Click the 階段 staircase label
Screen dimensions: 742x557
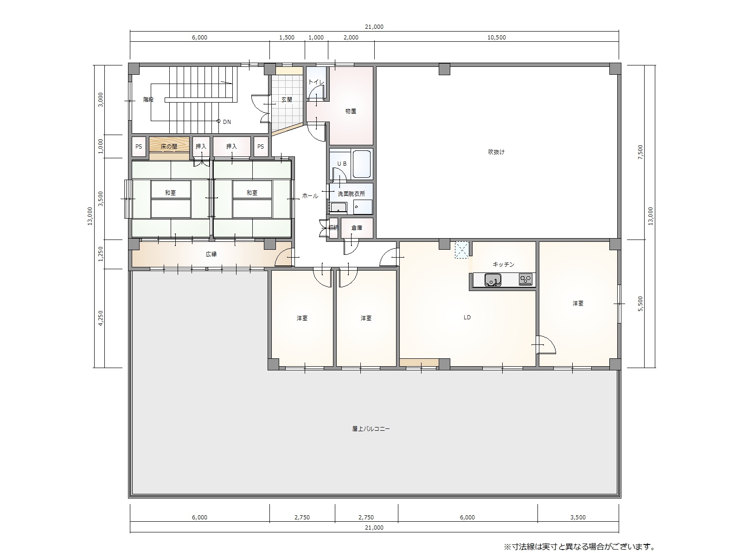click(x=148, y=100)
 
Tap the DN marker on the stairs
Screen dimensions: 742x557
click(x=227, y=122)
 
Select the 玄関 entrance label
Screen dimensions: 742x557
click(x=287, y=100)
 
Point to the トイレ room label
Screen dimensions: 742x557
click(x=316, y=82)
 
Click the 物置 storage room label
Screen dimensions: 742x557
click(x=351, y=111)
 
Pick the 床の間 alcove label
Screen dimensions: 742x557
click(x=169, y=146)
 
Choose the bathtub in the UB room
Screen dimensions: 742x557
click(x=361, y=164)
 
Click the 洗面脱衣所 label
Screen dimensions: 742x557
click(x=351, y=194)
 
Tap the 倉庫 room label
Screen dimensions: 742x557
click(x=357, y=228)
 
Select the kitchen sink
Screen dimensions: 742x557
click(x=493, y=280)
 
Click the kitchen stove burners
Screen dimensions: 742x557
click(x=525, y=280)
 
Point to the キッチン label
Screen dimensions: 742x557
click(x=503, y=265)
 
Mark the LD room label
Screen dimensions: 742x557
click(x=467, y=317)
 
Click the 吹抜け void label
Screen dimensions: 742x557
click(x=496, y=152)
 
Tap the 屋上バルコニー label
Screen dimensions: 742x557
click(x=371, y=429)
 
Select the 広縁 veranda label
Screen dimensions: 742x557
click(x=211, y=254)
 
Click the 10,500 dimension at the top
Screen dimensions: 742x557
click(x=497, y=38)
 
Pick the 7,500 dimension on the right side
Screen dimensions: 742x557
click(x=640, y=152)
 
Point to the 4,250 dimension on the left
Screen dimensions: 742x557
click(x=100, y=318)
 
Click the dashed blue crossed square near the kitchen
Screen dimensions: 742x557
click(x=462, y=250)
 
